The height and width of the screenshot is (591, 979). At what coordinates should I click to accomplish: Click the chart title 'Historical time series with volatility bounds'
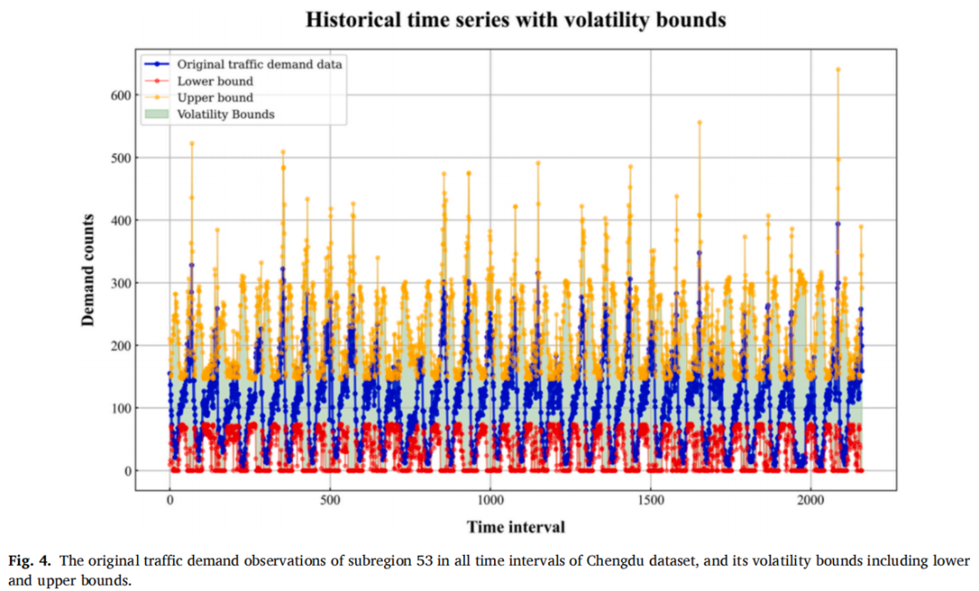point(516,20)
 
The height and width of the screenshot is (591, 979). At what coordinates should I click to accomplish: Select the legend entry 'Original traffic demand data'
point(244,64)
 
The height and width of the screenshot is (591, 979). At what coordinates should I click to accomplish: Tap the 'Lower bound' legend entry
point(199,82)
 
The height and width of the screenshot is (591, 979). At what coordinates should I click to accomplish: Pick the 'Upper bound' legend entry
point(199,97)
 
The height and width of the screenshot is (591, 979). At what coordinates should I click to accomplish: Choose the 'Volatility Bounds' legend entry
point(209,114)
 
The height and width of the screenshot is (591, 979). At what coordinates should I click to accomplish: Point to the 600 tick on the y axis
point(121,95)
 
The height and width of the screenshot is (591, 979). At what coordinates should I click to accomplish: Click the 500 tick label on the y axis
point(121,158)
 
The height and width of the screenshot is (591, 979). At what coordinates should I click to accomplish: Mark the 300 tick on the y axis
point(121,284)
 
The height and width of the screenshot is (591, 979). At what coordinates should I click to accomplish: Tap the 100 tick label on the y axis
point(121,408)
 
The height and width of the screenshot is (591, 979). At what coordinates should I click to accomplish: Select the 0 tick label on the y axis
point(128,471)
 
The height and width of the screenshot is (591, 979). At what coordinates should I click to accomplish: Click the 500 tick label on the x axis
point(330,499)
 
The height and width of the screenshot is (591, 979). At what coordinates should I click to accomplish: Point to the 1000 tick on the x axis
point(490,499)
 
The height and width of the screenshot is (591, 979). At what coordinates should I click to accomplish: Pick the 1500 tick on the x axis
point(651,499)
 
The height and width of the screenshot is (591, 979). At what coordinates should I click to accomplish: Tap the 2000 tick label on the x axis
point(810,499)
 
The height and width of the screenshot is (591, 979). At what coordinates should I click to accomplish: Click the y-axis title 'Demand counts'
point(88,270)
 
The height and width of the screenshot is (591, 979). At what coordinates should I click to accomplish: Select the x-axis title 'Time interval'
point(516,528)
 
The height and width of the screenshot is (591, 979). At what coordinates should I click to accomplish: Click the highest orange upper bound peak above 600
point(838,69)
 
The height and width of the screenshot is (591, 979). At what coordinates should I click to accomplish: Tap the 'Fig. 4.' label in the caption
point(29,560)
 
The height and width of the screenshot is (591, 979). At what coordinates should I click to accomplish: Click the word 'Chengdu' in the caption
point(609,560)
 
